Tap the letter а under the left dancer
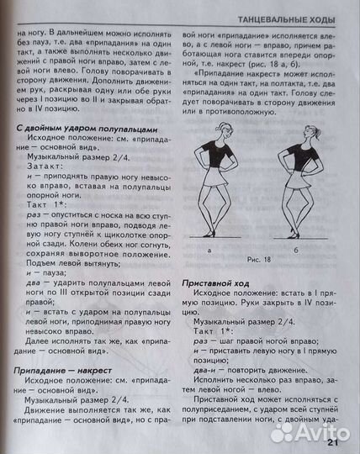[209, 250]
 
